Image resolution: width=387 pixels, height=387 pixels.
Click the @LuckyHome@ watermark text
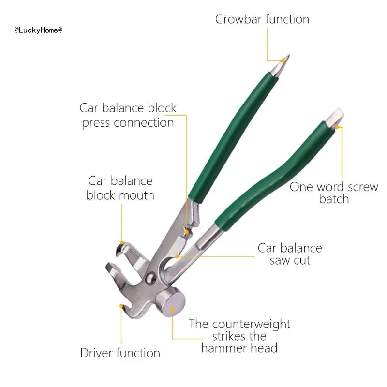click(x=38, y=30)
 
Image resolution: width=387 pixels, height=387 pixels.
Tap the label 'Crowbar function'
click(x=262, y=19)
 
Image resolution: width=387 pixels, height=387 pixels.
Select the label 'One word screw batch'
click(x=333, y=193)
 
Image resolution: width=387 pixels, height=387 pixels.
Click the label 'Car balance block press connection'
click(x=128, y=115)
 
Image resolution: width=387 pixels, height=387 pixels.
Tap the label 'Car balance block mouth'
click(x=120, y=188)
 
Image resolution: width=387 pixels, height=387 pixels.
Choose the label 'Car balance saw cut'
click(x=289, y=254)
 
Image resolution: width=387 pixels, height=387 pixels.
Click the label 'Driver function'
click(x=120, y=353)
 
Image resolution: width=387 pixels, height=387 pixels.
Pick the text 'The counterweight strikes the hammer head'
click(x=239, y=336)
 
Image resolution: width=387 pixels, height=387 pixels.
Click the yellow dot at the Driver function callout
click(x=120, y=305)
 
